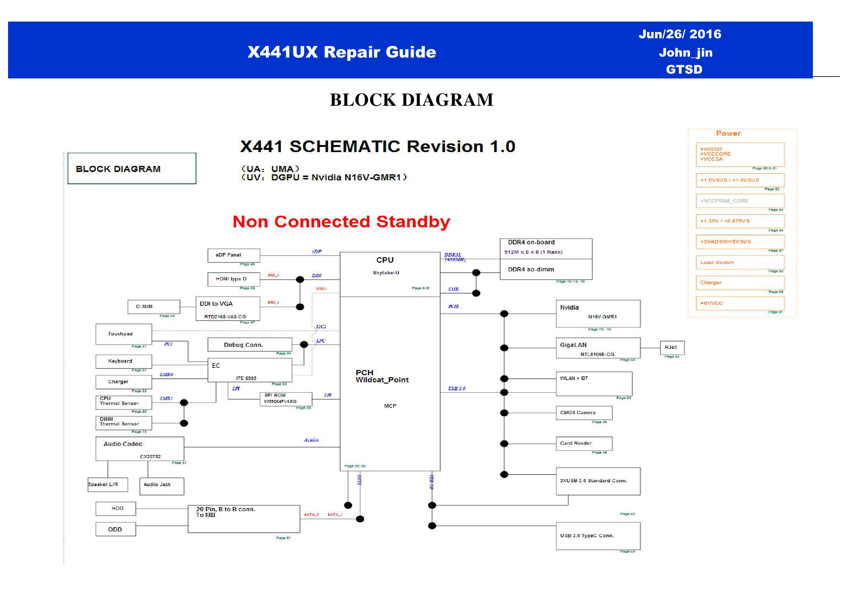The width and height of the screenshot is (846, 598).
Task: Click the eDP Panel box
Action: [x=234, y=255]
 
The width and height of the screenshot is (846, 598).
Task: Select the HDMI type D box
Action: [x=234, y=279]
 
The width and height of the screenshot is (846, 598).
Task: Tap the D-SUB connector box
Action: [x=154, y=306]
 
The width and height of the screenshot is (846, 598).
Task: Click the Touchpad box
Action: [x=123, y=334]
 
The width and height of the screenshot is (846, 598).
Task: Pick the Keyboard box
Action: [x=123, y=361]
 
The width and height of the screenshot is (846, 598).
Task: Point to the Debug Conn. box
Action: [x=250, y=345]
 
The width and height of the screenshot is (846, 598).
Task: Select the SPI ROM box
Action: [x=286, y=399]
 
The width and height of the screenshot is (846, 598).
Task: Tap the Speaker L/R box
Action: [x=108, y=485]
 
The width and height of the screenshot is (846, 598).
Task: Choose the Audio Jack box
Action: [x=161, y=486]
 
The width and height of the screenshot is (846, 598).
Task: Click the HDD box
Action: [x=116, y=509]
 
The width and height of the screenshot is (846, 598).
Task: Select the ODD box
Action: [x=116, y=530]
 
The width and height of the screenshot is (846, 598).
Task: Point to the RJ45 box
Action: [x=672, y=348]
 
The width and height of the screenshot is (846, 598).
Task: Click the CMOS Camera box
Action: [x=584, y=413]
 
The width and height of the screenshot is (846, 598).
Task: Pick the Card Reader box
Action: [x=584, y=443]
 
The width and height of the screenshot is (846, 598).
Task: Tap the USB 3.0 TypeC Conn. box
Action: [x=598, y=536]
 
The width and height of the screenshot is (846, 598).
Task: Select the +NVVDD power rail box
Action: [x=740, y=303]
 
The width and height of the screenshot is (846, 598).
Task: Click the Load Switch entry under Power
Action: [x=740, y=262]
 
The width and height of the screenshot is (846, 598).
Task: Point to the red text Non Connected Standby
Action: [x=341, y=222]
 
